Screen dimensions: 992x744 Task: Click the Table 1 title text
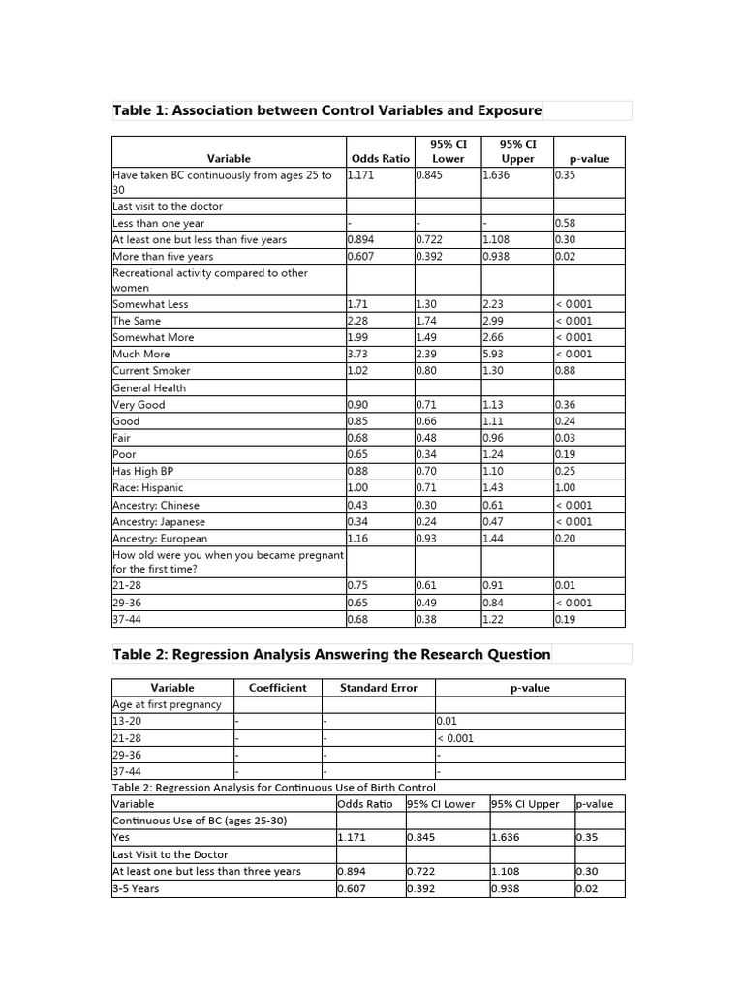(x=327, y=110)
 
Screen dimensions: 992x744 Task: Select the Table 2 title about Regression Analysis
(x=331, y=654)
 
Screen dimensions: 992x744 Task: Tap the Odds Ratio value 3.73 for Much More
(x=359, y=355)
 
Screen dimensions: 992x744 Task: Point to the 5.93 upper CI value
(x=495, y=355)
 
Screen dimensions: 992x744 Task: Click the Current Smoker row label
(x=151, y=371)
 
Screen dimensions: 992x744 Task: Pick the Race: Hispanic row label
(x=147, y=488)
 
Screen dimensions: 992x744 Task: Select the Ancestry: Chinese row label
(x=156, y=506)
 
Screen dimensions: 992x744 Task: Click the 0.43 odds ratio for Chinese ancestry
(x=359, y=506)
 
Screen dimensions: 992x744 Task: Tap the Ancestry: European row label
(x=160, y=539)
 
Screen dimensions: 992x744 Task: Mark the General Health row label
(x=149, y=388)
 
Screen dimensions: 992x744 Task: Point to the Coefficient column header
(x=277, y=688)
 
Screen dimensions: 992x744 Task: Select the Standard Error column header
(x=379, y=688)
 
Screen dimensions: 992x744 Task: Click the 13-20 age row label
(x=128, y=721)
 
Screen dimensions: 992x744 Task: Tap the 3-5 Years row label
(x=136, y=889)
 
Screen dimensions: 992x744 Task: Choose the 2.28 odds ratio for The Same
(x=359, y=321)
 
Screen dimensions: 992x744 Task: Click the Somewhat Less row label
(x=150, y=304)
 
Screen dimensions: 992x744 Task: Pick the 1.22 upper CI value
(x=495, y=620)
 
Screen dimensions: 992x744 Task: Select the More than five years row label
(x=163, y=257)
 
